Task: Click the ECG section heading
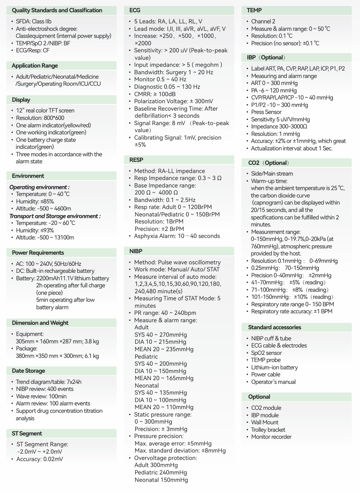pyautogui.click(x=135, y=10)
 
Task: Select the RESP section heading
pyautogui.click(x=136, y=160)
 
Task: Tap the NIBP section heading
pyautogui.click(x=136, y=251)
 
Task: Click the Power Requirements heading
pyautogui.click(x=38, y=253)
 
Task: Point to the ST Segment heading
pyautogui.click(x=27, y=434)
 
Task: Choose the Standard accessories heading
pyautogui.click(x=275, y=327)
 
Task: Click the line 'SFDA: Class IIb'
pyautogui.click(x=34, y=22)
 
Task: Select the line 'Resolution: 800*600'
pyautogui.click(x=40, y=118)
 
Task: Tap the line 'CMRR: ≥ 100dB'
pyautogui.click(x=155, y=94)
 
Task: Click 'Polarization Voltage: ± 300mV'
pyautogui.click(x=173, y=101)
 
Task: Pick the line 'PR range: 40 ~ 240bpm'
pyautogui.click(x=165, y=313)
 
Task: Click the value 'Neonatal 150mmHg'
pyautogui.click(x=161, y=480)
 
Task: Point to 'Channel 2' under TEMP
pyautogui.click(x=263, y=22)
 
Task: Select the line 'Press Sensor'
pyautogui.click(x=266, y=112)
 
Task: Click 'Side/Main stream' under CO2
pyautogui.click(x=272, y=174)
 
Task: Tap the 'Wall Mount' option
pyautogui.click(x=265, y=422)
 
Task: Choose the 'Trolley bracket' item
pyautogui.click(x=268, y=430)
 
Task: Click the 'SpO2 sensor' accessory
pyautogui.click(x=266, y=353)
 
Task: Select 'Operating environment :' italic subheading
pyautogui.click(x=39, y=187)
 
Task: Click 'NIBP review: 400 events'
pyautogui.click(x=45, y=389)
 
